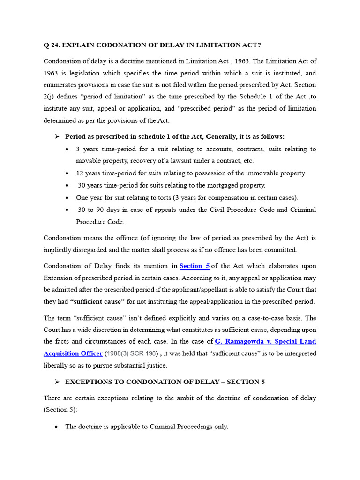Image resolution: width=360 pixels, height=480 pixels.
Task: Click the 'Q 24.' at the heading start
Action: (x=52, y=45)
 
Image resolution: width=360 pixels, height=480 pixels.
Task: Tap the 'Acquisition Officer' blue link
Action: (x=73, y=353)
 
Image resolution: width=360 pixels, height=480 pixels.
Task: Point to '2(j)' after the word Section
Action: (x=50, y=97)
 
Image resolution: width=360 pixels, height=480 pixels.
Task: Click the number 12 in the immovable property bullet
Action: (x=80, y=173)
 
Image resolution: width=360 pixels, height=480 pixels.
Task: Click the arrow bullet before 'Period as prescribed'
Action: (x=57, y=136)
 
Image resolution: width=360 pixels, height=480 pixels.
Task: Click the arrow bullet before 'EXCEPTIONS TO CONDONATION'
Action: (x=57, y=382)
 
